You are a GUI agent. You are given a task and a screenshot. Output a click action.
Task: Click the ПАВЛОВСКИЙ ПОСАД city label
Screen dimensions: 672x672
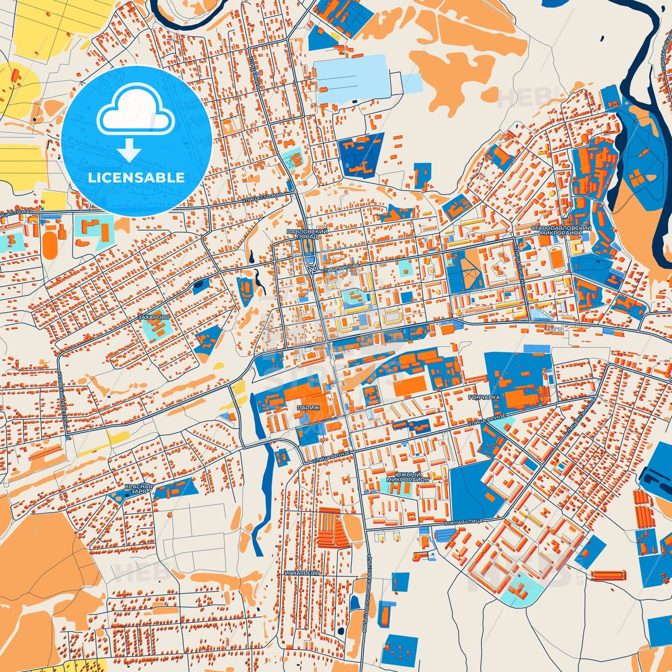307,233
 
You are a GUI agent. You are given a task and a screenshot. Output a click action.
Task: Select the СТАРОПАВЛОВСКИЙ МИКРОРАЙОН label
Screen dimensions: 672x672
561,231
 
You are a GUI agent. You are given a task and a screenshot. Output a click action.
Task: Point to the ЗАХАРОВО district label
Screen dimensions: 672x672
154,317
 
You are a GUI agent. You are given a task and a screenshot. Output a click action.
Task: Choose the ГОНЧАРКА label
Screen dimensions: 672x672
484,398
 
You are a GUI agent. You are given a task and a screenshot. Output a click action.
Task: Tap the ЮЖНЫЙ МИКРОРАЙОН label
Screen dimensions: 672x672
408,477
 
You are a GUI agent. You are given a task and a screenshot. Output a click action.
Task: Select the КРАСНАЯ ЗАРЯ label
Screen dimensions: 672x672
139,488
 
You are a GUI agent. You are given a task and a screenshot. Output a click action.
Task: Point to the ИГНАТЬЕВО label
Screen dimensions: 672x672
302,573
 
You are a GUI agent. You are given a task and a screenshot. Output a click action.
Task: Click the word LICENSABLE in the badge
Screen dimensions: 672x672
136,178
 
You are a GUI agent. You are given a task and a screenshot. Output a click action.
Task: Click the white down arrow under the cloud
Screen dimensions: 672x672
129,149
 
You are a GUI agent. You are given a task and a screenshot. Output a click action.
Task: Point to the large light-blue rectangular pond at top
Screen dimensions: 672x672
350,78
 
